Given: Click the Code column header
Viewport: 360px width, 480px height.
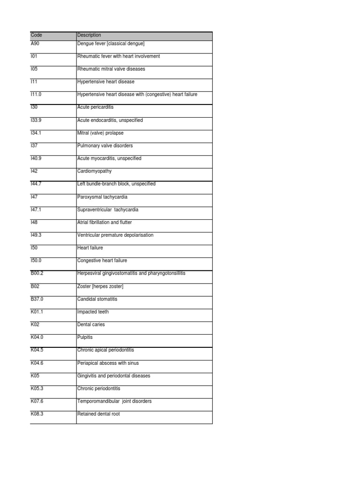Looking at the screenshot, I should (36, 35).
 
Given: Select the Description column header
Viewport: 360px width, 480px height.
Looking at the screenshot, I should (89, 35).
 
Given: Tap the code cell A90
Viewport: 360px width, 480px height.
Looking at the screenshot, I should (35, 44).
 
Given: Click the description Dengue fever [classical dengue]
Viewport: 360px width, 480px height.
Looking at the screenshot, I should (111, 44).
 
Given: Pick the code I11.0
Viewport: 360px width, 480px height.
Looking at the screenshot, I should (36, 95).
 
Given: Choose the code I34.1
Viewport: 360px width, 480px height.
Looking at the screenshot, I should (36, 133).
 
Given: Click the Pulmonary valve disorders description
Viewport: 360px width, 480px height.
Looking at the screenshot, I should (105, 146).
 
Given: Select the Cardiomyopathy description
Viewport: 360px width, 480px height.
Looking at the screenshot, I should (94, 171).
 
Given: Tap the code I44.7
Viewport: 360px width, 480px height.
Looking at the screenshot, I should (36, 184).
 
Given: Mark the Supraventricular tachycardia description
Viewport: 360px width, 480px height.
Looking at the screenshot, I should (107, 210).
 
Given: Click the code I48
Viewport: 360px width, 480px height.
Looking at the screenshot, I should (34, 222).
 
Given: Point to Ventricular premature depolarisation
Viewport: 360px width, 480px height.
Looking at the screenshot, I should (115, 235).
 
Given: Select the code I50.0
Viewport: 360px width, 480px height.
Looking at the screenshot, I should (36, 261).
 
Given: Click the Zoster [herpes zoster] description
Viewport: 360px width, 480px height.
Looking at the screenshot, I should (100, 286).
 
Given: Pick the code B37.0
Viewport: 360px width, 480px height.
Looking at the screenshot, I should (37, 299).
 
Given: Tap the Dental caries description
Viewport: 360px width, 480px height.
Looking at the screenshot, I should (91, 324).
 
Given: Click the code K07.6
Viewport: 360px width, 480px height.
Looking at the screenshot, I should (37, 401).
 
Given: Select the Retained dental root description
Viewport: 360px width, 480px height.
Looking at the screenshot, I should (98, 414).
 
